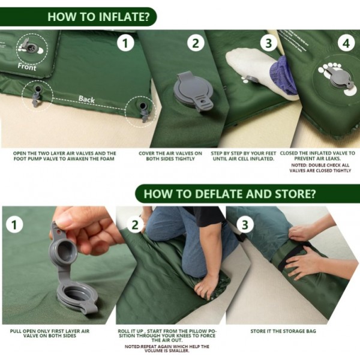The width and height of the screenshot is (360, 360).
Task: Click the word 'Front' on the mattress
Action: click(x=26, y=67)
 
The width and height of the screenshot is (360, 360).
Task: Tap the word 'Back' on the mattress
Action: click(x=86, y=99)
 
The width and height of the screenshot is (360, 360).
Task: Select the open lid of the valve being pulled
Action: click(x=67, y=246)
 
